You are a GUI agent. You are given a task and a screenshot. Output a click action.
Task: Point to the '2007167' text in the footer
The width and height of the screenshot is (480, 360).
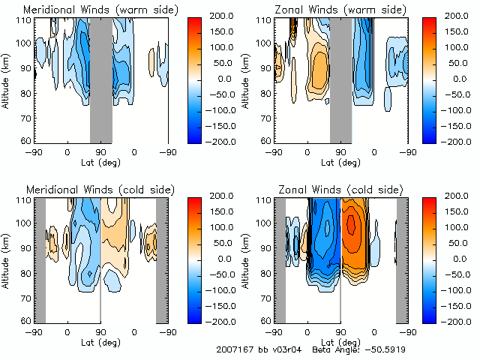[x=232, y=349]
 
